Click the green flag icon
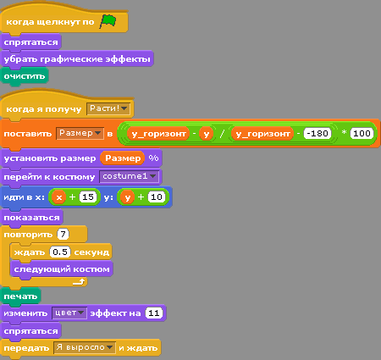[108, 22]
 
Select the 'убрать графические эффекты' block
[77, 59]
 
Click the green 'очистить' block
[25, 76]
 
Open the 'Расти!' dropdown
[108, 108]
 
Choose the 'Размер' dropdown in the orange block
[80, 133]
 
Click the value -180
[317, 134]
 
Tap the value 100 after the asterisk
[362, 134]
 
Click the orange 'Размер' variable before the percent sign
[123, 158]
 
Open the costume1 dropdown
[129, 177]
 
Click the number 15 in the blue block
[88, 197]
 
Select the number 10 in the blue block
[157, 197]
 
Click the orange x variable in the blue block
[58, 197]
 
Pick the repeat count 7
[63, 234]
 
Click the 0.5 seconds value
[60, 252]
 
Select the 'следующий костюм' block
[62, 269]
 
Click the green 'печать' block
[20, 296]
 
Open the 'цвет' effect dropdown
[69, 313]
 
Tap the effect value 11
[154, 313]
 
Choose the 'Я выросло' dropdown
[85, 347]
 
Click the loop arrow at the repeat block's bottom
[79, 281]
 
